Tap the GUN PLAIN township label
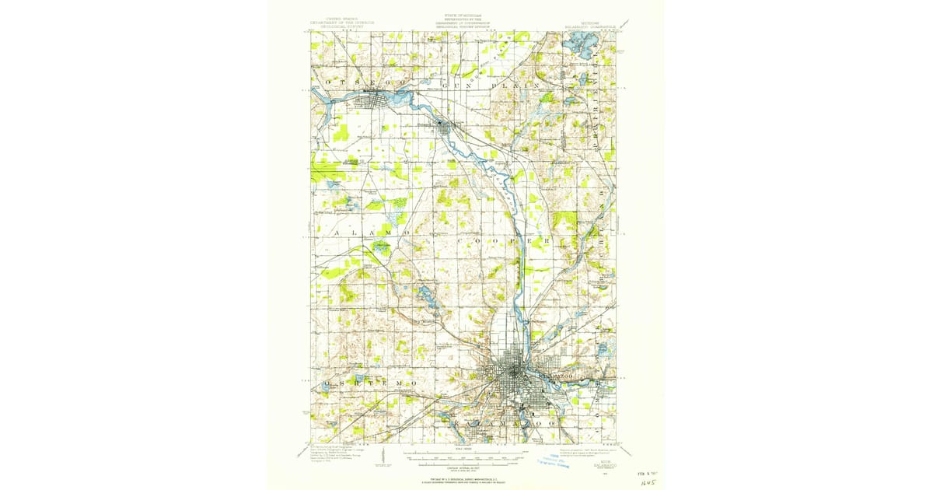click(490, 82)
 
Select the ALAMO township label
click(365, 233)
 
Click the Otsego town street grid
click(373, 99)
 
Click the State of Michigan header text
click(466, 23)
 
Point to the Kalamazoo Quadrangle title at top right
click(591, 23)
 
